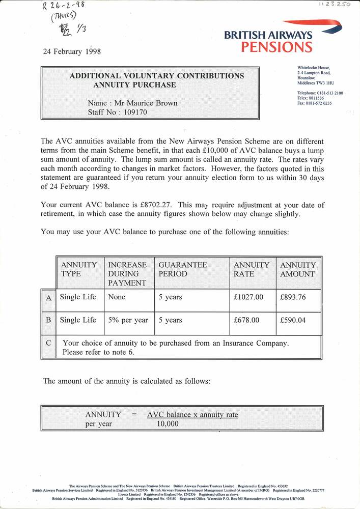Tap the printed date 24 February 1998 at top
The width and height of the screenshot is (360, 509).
tap(74, 51)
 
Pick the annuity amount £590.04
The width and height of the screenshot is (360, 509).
tap(293, 320)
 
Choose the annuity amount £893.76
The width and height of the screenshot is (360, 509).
tap(293, 297)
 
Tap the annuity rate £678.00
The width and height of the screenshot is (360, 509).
tap(246, 320)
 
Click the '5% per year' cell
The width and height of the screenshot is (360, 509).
tap(128, 320)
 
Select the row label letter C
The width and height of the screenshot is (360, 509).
tap(48, 343)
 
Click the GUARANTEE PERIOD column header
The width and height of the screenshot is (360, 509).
tap(182, 269)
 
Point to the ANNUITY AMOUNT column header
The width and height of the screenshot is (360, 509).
tap(298, 269)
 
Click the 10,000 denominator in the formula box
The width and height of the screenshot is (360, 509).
tap(168, 424)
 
